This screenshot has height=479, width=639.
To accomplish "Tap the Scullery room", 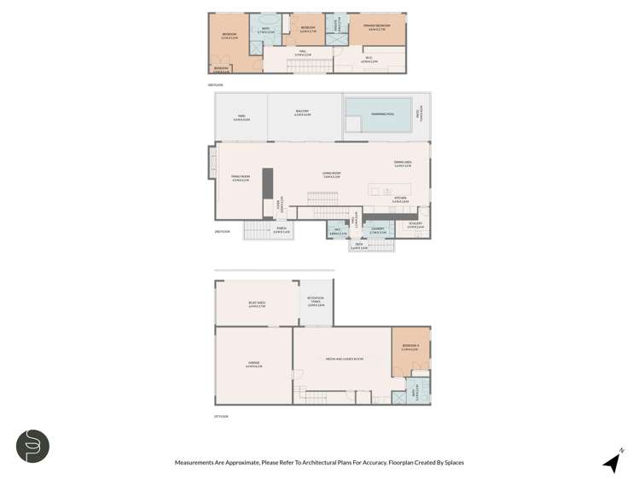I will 415,226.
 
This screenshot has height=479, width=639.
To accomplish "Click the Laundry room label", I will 378,230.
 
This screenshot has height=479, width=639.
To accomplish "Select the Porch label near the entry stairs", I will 281,230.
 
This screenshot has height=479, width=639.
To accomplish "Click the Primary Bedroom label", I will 376,27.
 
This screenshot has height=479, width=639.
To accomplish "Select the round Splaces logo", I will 32,447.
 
